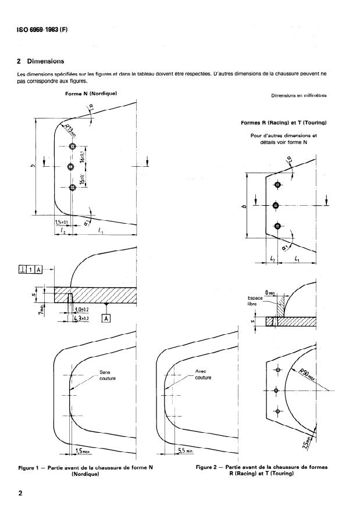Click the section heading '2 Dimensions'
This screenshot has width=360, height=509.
(40, 61)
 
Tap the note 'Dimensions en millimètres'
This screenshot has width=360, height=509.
(299, 96)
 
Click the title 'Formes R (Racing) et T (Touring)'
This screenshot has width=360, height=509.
(283, 123)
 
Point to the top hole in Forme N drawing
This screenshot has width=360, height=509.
(72, 146)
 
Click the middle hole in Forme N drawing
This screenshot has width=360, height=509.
(72, 167)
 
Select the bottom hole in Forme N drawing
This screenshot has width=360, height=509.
(72, 187)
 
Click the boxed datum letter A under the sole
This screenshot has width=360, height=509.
(106, 318)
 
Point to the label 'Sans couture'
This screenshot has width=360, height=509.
(108, 375)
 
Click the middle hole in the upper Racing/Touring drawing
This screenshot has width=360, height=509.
(277, 205)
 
